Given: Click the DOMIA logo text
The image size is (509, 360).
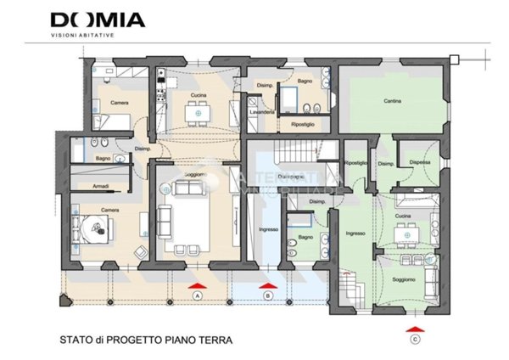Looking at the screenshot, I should pos(98,20).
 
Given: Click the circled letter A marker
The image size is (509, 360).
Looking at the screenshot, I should pos(197,295).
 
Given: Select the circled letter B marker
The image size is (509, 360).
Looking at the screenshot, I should pos(268,295).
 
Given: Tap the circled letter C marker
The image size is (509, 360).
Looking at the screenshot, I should pos(415,340).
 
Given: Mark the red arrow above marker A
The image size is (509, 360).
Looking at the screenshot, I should pos(197,284).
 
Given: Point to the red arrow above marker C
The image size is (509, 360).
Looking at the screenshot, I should pos(415,328).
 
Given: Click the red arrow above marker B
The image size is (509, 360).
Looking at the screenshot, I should pos(268,284).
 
